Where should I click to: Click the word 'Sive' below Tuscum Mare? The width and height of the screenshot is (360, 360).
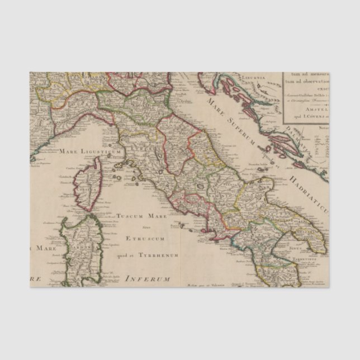click(x=143, y=227)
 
